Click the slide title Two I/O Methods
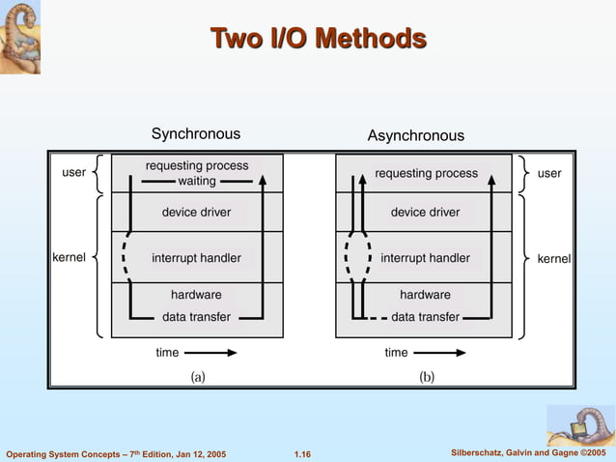pyautogui.click(x=318, y=39)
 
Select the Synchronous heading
pyautogui.click(x=196, y=133)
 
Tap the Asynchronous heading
pyautogui.click(x=415, y=135)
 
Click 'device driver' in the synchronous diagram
pyautogui.click(x=196, y=212)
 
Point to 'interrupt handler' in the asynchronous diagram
pyautogui.click(x=425, y=258)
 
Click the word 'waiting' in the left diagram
pyautogui.click(x=197, y=181)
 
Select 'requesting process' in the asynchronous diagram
pyautogui.click(x=426, y=174)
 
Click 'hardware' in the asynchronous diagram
pyautogui.click(x=425, y=295)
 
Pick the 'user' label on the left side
pyautogui.click(x=74, y=173)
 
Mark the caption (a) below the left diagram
pyautogui.click(x=196, y=376)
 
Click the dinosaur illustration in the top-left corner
pyautogui.click(x=20, y=37)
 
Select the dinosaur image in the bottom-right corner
pyautogui.click(x=580, y=425)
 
